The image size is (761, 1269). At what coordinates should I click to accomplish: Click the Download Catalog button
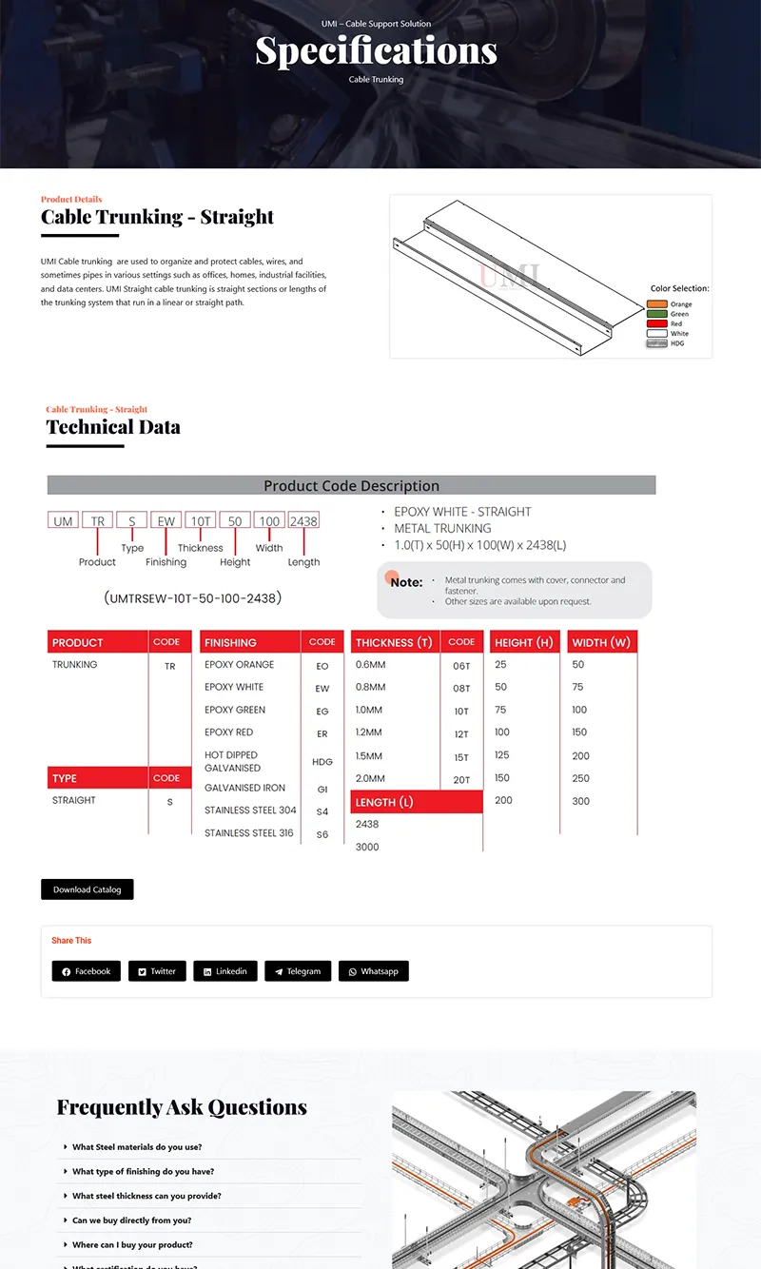tap(87, 889)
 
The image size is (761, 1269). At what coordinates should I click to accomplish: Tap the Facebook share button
tap(86, 971)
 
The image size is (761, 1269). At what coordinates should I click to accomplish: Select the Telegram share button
tap(298, 971)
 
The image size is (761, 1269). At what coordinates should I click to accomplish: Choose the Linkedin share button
tap(224, 971)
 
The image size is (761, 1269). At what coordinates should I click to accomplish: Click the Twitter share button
tap(156, 971)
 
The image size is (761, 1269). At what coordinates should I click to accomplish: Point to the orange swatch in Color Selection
tap(656, 304)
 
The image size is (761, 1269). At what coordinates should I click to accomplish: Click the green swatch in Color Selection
tap(656, 314)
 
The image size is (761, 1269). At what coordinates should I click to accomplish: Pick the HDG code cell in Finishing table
tap(322, 762)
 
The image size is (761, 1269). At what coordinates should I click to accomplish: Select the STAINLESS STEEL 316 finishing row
tap(249, 833)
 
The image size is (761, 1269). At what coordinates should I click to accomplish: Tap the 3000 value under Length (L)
tap(367, 847)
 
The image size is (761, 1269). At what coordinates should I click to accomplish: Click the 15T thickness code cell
tap(461, 758)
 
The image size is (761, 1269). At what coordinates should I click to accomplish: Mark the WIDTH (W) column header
tap(601, 642)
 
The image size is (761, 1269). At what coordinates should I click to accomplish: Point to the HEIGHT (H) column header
tap(523, 642)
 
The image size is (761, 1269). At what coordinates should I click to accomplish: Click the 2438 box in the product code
tap(303, 521)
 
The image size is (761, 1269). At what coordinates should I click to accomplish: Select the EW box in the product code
tap(166, 521)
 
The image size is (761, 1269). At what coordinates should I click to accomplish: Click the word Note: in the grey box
tap(406, 582)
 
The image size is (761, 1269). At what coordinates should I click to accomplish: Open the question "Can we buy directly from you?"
tap(132, 1220)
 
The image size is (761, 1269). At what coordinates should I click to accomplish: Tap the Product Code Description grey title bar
tap(351, 485)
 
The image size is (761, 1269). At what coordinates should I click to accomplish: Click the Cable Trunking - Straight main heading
tap(157, 217)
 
